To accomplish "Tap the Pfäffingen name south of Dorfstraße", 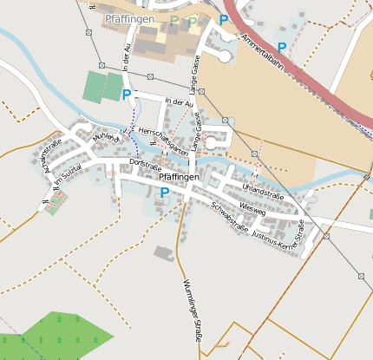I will (x=180, y=177).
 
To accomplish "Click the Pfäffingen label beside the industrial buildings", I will (x=128, y=17).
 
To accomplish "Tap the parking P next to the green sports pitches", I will (x=127, y=94).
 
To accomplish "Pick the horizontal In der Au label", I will (x=178, y=102).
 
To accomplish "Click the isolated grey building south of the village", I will (x=164, y=253).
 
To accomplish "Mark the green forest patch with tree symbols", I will (x=61, y=337).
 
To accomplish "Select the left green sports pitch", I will (x=92, y=85).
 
